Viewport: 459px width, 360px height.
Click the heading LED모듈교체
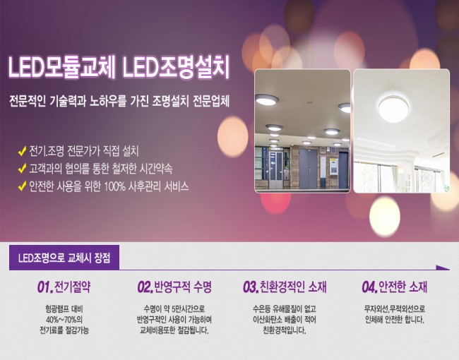pos(61,67)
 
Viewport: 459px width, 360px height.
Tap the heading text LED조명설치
pos(176,67)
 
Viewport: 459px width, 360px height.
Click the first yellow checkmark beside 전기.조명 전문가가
pos(23,151)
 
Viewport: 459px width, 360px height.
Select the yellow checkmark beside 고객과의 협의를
pos(23,169)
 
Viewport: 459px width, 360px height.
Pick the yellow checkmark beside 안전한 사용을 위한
pos(23,186)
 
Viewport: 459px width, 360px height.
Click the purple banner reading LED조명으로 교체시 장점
pos(64,258)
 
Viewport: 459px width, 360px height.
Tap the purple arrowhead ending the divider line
pos(443,268)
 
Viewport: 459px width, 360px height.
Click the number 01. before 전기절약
pos(45,287)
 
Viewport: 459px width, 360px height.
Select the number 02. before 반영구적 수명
pos(145,287)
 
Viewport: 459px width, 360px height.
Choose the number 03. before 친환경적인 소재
pos(251,287)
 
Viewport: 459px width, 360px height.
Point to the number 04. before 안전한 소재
pos(370,287)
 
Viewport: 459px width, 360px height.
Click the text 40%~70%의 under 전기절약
pos(64,319)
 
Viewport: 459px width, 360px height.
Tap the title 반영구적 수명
pos(183,287)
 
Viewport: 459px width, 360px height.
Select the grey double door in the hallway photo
pos(309,168)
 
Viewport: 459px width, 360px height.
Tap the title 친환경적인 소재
pos(293,287)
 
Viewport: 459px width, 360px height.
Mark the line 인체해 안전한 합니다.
pos(395,320)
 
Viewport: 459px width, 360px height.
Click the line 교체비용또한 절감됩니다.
pos(174,330)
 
